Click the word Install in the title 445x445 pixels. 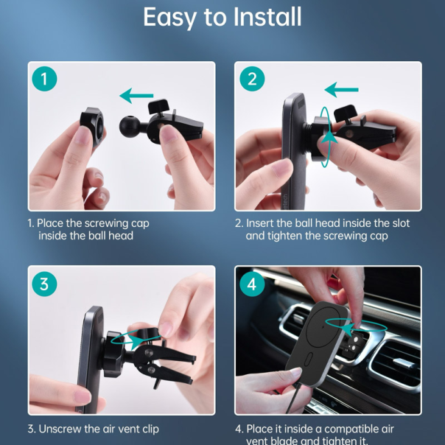(267, 17)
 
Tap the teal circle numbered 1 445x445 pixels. (44, 79)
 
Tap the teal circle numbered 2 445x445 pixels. (252, 79)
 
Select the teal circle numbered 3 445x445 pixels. (44, 284)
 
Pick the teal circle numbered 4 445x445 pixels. (252, 284)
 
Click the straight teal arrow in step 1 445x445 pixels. (136, 96)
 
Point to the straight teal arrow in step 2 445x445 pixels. (341, 90)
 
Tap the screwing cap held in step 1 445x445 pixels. (91, 125)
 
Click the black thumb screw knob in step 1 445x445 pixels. (158, 106)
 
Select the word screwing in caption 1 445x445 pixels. (107, 224)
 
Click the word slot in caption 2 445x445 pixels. (401, 223)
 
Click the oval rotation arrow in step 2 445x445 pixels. (325, 137)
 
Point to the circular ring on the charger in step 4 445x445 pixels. (323, 326)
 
